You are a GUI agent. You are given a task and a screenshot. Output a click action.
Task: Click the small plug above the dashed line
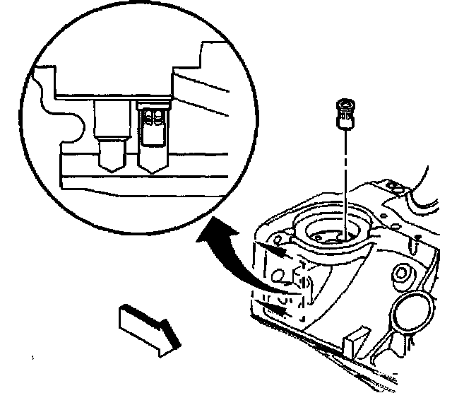[x=344, y=113]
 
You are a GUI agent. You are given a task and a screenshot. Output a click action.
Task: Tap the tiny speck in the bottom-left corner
[x=32, y=360]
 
